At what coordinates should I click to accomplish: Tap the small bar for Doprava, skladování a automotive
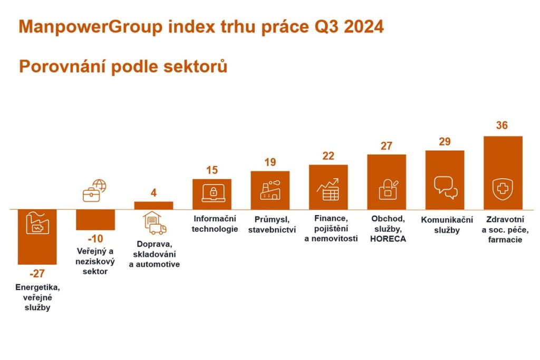153,206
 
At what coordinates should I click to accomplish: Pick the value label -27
37,274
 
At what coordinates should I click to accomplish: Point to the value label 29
445,142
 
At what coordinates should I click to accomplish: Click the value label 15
212,170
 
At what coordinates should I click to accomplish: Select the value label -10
95,239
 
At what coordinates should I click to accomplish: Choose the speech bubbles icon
445,187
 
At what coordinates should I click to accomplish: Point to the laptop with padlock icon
213,193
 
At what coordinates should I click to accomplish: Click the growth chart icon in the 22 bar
327,190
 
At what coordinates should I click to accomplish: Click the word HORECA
388,238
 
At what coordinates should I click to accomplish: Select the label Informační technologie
214,223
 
